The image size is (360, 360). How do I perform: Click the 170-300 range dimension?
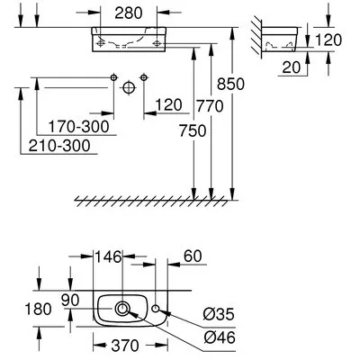coord(79,127)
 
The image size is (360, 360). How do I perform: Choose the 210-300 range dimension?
coord(50,146)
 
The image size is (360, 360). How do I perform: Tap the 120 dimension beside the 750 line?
coord(168,104)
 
